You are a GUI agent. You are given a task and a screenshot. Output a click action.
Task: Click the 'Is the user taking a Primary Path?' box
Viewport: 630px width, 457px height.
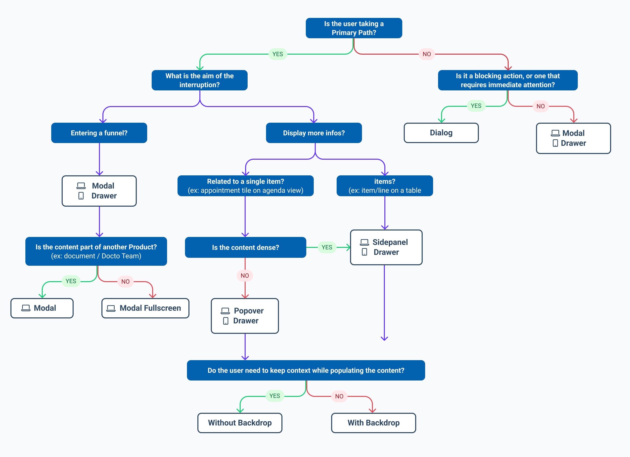[354, 28]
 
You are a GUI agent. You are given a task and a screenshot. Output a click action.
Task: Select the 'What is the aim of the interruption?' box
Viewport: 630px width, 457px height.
[199, 80]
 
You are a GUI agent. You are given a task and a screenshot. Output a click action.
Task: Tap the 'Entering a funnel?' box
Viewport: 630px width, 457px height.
[99, 133]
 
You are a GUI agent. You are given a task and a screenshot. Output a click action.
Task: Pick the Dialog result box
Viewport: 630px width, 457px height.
[441, 133]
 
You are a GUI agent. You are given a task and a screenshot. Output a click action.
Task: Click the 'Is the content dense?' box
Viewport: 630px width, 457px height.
[245, 247]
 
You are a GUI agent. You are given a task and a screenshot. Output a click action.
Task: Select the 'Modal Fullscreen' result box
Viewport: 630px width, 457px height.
[145, 308]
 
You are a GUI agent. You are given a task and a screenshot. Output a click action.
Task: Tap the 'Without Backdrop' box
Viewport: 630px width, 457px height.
[240, 422]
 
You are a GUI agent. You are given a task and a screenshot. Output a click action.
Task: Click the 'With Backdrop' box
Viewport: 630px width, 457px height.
[373, 422]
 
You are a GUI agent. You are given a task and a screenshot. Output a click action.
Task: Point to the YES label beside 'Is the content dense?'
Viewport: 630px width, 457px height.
[327, 247]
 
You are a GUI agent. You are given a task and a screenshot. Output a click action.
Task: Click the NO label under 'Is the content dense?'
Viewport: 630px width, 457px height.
[245, 275]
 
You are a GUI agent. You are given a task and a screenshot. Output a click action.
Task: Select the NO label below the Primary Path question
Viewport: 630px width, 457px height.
[427, 54]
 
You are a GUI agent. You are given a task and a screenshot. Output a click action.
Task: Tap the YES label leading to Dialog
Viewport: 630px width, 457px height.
[476, 106]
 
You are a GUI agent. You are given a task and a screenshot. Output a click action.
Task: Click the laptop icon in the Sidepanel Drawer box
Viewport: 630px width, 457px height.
[364, 242]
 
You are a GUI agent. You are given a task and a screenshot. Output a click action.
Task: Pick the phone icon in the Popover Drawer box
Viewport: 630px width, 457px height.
[225, 321]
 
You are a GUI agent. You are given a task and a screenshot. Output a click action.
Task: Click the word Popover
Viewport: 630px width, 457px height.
[249, 311]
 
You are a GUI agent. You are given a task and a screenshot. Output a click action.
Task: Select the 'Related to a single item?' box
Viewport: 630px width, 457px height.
[245, 186]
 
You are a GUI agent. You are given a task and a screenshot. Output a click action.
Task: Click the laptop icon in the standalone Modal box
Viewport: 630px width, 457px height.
[26, 308]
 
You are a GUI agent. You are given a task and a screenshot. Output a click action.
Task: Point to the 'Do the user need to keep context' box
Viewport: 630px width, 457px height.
[306, 370]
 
